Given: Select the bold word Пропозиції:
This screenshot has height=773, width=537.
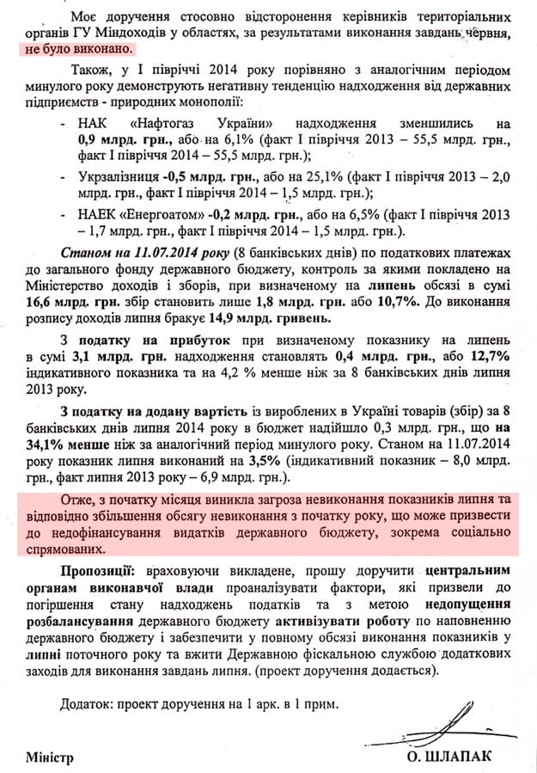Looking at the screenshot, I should coord(97,571).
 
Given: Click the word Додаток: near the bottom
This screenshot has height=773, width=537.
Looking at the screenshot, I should coord(88,704).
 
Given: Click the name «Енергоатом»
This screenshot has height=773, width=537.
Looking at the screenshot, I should coord(162,215).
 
